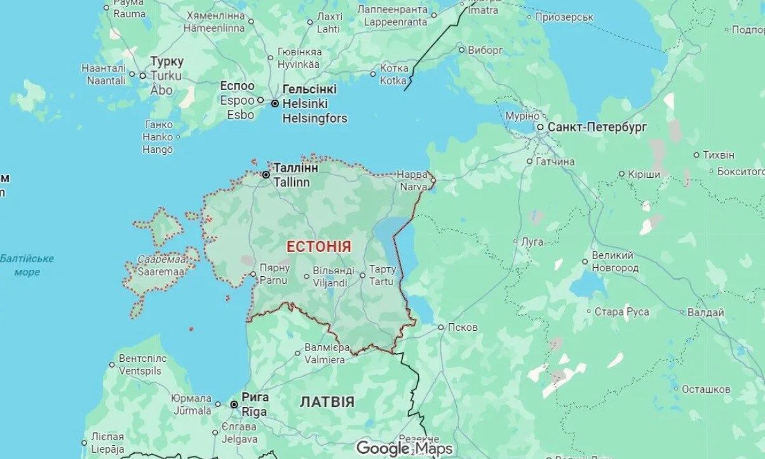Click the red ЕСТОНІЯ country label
pyautogui.click(x=318, y=247)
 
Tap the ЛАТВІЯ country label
pyautogui.click(x=327, y=402)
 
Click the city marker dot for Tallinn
pyautogui.click(x=266, y=174)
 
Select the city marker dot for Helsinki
pyautogui.click(x=274, y=103)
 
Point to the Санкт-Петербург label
pyautogui.click(x=597, y=128)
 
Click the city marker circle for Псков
pyautogui.click(x=441, y=328)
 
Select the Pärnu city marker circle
pyautogui.click(x=254, y=274)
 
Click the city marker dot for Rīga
pyautogui.click(x=234, y=404)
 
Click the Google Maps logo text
pyautogui.click(x=404, y=448)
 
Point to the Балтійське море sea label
pyautogui.click(x=27, y=265)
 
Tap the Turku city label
pyautogui.click(x=166, y=69)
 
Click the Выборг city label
pyautogui.click(x=485, y=50)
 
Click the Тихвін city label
pyautogui.click(x=719, y=155)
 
